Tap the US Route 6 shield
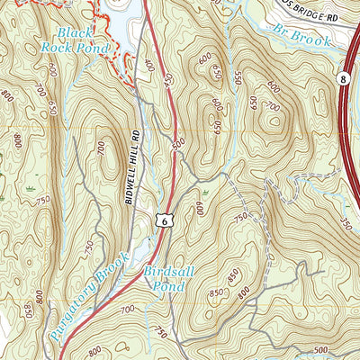point(163,218)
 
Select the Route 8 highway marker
point(345,80)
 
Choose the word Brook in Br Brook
point(311,38)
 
